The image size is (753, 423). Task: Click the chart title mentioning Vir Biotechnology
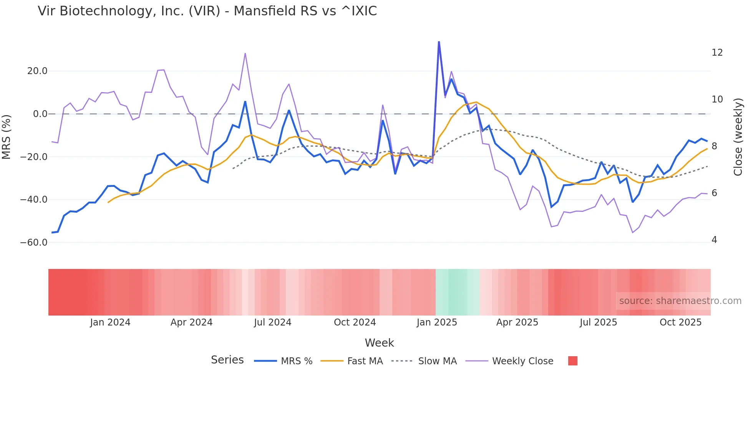click(207, 11)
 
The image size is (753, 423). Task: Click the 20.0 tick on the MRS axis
click(37, 71)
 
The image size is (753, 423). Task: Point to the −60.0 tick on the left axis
click(34, 243)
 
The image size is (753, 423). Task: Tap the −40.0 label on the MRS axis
click(34, 200)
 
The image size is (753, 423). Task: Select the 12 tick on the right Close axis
click(717, 53)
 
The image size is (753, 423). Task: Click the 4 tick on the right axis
click(714, 240)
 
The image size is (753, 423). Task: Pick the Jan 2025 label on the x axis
click(437, 322)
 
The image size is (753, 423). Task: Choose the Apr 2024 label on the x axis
click(191, 322)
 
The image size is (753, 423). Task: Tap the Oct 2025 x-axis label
click(680, 322)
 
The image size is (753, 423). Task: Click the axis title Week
click(379, 343)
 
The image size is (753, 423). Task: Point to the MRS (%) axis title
click(7, 137)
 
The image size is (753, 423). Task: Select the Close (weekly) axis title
click(738, 137)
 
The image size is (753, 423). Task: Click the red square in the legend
click(572, 361)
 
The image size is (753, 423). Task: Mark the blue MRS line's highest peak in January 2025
click(439, 42)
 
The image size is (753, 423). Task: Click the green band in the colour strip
click(457, 292)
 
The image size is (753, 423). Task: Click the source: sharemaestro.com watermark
click(680, 301)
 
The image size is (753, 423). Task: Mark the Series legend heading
click(227, 360)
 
